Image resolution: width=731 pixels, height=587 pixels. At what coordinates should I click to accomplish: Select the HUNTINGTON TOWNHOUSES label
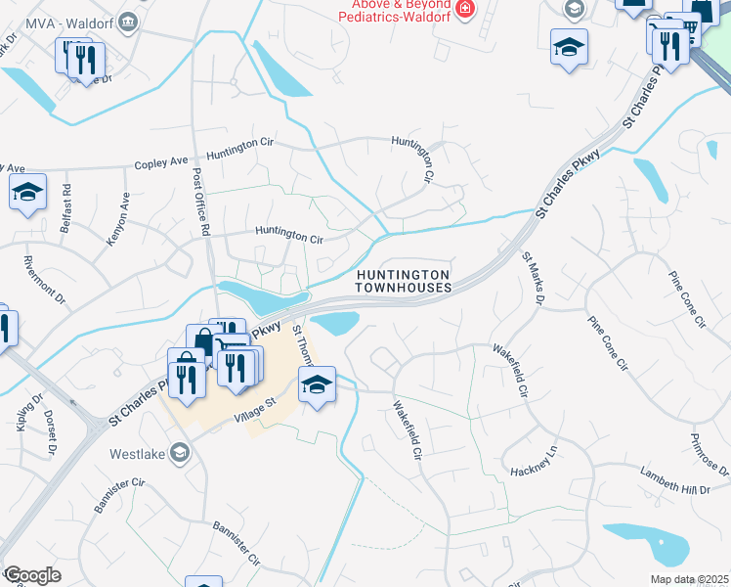(x=403, y=282)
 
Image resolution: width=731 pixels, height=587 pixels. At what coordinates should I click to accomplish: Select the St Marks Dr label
(x=534, y=278)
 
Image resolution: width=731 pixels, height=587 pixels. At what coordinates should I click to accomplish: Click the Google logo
(x=32, y=574)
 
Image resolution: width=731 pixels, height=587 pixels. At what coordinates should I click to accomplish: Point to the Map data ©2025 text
(x=689, y=579)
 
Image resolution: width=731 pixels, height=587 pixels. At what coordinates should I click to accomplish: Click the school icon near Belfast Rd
(x=28, y=192)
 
